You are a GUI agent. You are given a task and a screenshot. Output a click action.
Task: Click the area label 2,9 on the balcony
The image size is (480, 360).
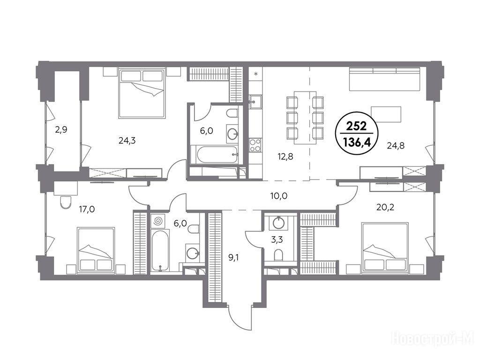61,130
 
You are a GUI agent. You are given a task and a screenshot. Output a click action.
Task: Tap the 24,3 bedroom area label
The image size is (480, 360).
127,141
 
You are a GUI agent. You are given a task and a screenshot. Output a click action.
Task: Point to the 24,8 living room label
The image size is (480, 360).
396,146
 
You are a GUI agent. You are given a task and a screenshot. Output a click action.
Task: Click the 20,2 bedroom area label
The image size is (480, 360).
385,208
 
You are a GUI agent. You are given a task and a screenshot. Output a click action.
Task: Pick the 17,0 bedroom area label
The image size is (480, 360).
87,210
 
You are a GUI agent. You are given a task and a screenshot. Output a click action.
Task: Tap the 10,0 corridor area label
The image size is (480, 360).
279,195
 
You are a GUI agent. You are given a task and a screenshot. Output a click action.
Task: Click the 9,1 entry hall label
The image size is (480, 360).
234,258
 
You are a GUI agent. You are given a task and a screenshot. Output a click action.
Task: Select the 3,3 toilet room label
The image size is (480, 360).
277,240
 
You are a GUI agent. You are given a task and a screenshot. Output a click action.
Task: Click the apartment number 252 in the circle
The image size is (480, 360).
357,126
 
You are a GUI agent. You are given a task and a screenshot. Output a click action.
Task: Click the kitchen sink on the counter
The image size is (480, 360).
255,102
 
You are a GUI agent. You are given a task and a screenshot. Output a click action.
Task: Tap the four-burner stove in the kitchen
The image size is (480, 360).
255,145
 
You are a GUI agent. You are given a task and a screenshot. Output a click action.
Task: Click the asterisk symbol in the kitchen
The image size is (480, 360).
256,74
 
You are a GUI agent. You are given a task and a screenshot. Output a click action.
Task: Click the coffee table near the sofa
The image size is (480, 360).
386,114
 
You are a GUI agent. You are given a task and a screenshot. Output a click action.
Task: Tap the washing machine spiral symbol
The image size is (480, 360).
158,221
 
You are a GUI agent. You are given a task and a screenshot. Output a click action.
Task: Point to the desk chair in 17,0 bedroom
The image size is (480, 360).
65,202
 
